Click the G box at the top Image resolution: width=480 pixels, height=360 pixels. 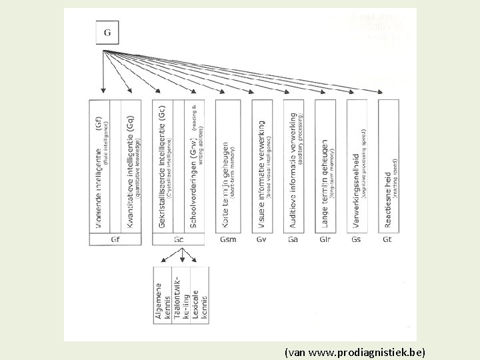[x=107, y=32]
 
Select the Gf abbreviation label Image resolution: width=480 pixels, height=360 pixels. [x=115, y=239]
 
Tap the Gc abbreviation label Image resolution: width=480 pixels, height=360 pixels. [x=179, y=239]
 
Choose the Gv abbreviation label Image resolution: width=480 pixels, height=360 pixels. [x=261, y=239]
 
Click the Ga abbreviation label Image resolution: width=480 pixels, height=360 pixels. [x=293, y=239]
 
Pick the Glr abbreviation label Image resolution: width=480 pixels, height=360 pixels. [x=325, y=239]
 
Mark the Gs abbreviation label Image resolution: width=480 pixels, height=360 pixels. [x=357, y=239]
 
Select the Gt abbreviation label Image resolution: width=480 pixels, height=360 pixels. [x=388, y=239]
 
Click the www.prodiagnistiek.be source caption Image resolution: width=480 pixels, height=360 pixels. [x=354, y=350]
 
